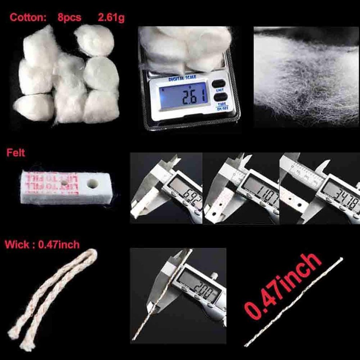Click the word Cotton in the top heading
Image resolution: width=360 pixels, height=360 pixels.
click(27, 18)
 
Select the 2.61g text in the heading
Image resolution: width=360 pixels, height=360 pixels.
click(111, 18)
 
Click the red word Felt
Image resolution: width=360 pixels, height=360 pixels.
click(16, 153)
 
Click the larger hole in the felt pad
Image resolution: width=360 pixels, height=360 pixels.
click(94, 184)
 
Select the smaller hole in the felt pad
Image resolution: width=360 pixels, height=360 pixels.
click(66, 183)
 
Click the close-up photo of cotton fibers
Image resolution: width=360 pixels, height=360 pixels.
click(304, 76)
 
